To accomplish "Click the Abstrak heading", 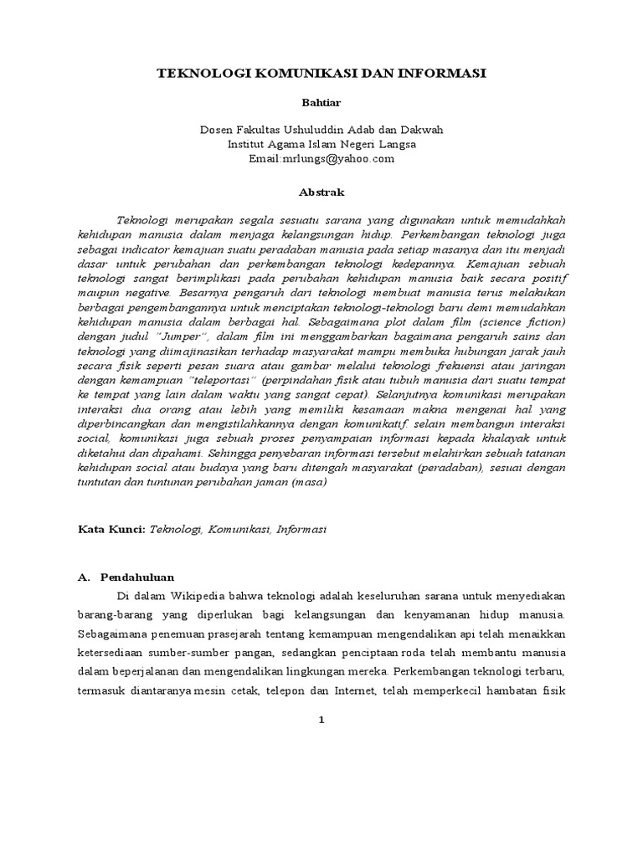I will [322, 192].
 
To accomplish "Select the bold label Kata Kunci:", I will [112, 530].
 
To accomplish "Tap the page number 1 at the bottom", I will [321, 721].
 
